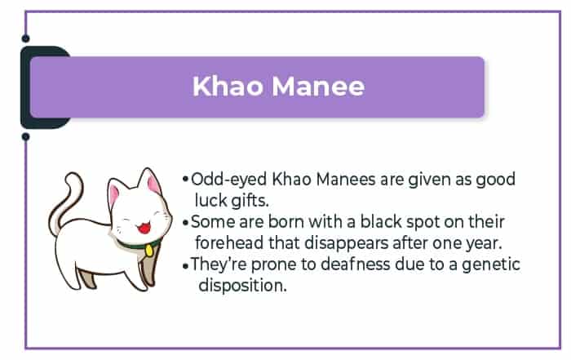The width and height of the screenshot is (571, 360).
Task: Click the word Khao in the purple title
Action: click(228, 86)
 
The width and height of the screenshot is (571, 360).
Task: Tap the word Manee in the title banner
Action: click(318, 86)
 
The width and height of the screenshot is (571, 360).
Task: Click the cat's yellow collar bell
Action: click(149, 250)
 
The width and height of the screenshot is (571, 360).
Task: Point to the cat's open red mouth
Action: click(144, 228)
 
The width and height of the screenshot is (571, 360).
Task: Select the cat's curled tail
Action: click(65, 204)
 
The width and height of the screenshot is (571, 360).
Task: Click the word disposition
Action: click(243, 285)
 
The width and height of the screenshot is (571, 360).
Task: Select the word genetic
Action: click(491, 265)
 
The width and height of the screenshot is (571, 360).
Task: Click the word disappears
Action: click(347, 243)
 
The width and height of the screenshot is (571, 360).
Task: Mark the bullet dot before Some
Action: click(186, 222)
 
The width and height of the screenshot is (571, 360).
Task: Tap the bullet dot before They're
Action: click(186, 266)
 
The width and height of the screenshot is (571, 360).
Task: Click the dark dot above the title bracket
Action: click(25, 38)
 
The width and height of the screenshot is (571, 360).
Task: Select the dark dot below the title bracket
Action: click(25, 136)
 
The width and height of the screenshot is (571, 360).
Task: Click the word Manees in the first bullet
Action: click(346, 180)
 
